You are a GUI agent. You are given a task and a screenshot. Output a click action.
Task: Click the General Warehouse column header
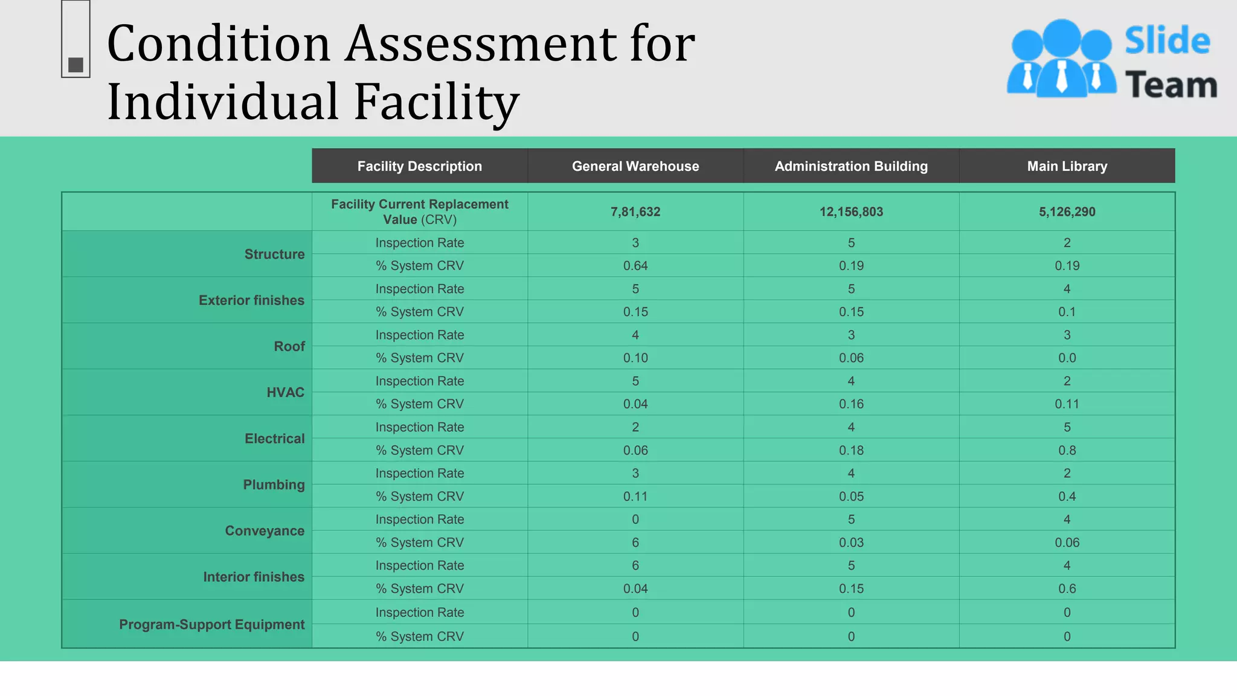(635, 166)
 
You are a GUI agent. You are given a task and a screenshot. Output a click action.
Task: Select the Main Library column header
(1067, 166)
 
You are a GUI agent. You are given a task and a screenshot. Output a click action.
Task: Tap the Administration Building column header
(851, 166)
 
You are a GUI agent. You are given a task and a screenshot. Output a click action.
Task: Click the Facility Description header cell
(419, 166)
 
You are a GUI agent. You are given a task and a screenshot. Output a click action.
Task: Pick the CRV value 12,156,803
(851, 212)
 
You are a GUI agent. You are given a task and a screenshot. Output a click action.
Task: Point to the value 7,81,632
(635, 212)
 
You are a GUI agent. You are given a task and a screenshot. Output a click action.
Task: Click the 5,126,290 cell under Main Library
(1067, 212)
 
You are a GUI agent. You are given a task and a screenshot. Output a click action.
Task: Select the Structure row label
(274, 254)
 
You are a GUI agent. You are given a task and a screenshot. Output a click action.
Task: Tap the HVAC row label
(285, 393)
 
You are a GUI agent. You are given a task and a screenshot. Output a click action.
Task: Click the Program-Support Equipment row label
(211, 625)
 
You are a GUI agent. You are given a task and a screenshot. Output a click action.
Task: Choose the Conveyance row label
(265, 531)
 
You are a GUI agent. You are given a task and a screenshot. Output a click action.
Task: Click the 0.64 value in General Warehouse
(635, 266)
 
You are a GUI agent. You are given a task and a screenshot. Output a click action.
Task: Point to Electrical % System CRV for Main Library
(1067, 451)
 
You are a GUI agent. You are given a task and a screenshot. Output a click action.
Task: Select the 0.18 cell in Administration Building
(851, 451)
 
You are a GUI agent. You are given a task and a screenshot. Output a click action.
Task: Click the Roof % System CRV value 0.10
(635, 358)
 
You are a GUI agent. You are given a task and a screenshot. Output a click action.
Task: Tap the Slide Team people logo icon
(1061, 59)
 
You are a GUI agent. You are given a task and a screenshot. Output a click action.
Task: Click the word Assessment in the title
(481, 43)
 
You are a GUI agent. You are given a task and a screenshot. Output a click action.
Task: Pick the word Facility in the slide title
(436, 101)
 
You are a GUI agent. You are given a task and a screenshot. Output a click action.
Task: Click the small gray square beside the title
(76, 65)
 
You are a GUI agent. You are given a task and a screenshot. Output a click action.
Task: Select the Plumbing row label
(274, 485)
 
